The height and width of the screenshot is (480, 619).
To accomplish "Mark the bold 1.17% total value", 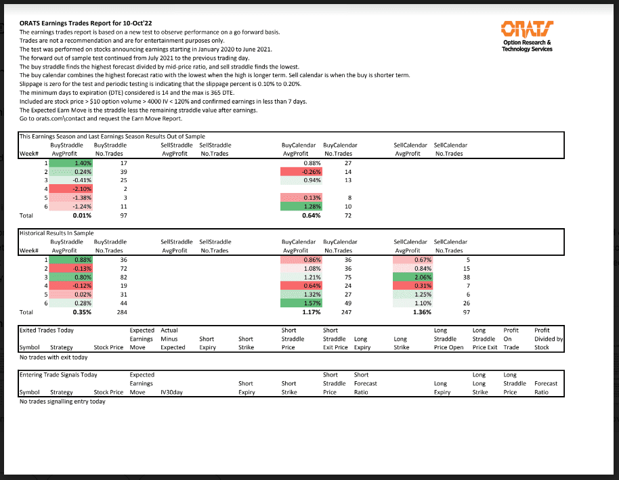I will pos(310,313).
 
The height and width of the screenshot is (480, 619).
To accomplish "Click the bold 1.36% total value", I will pos(422,313).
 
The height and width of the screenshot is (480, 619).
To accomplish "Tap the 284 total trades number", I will pos(122,313).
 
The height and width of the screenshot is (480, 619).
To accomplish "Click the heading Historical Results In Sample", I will pos(57,233).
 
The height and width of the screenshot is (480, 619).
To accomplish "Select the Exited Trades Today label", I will pos(47,330).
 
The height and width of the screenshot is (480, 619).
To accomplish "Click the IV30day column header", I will pos(172,392).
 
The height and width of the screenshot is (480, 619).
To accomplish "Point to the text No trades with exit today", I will pos(54,357).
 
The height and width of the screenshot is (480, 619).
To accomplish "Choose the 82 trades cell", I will pos(123,277).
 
